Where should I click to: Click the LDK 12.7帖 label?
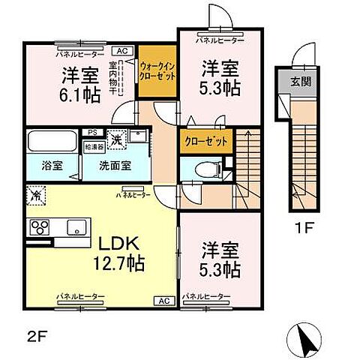pos(118,254)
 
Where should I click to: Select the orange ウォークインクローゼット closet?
pos(156,72)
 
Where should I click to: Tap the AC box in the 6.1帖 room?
pos(123,51)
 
